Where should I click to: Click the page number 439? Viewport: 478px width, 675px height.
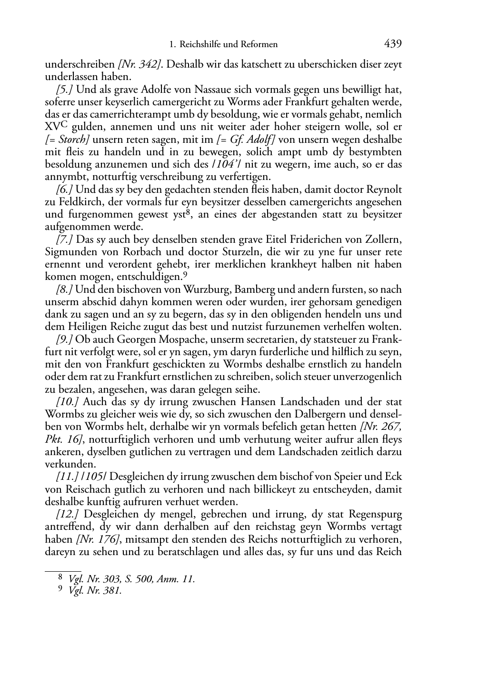click(392, 44)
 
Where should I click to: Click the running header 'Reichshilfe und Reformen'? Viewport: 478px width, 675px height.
click(228, 45)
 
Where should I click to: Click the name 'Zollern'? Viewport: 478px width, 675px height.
click(384, 239)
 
